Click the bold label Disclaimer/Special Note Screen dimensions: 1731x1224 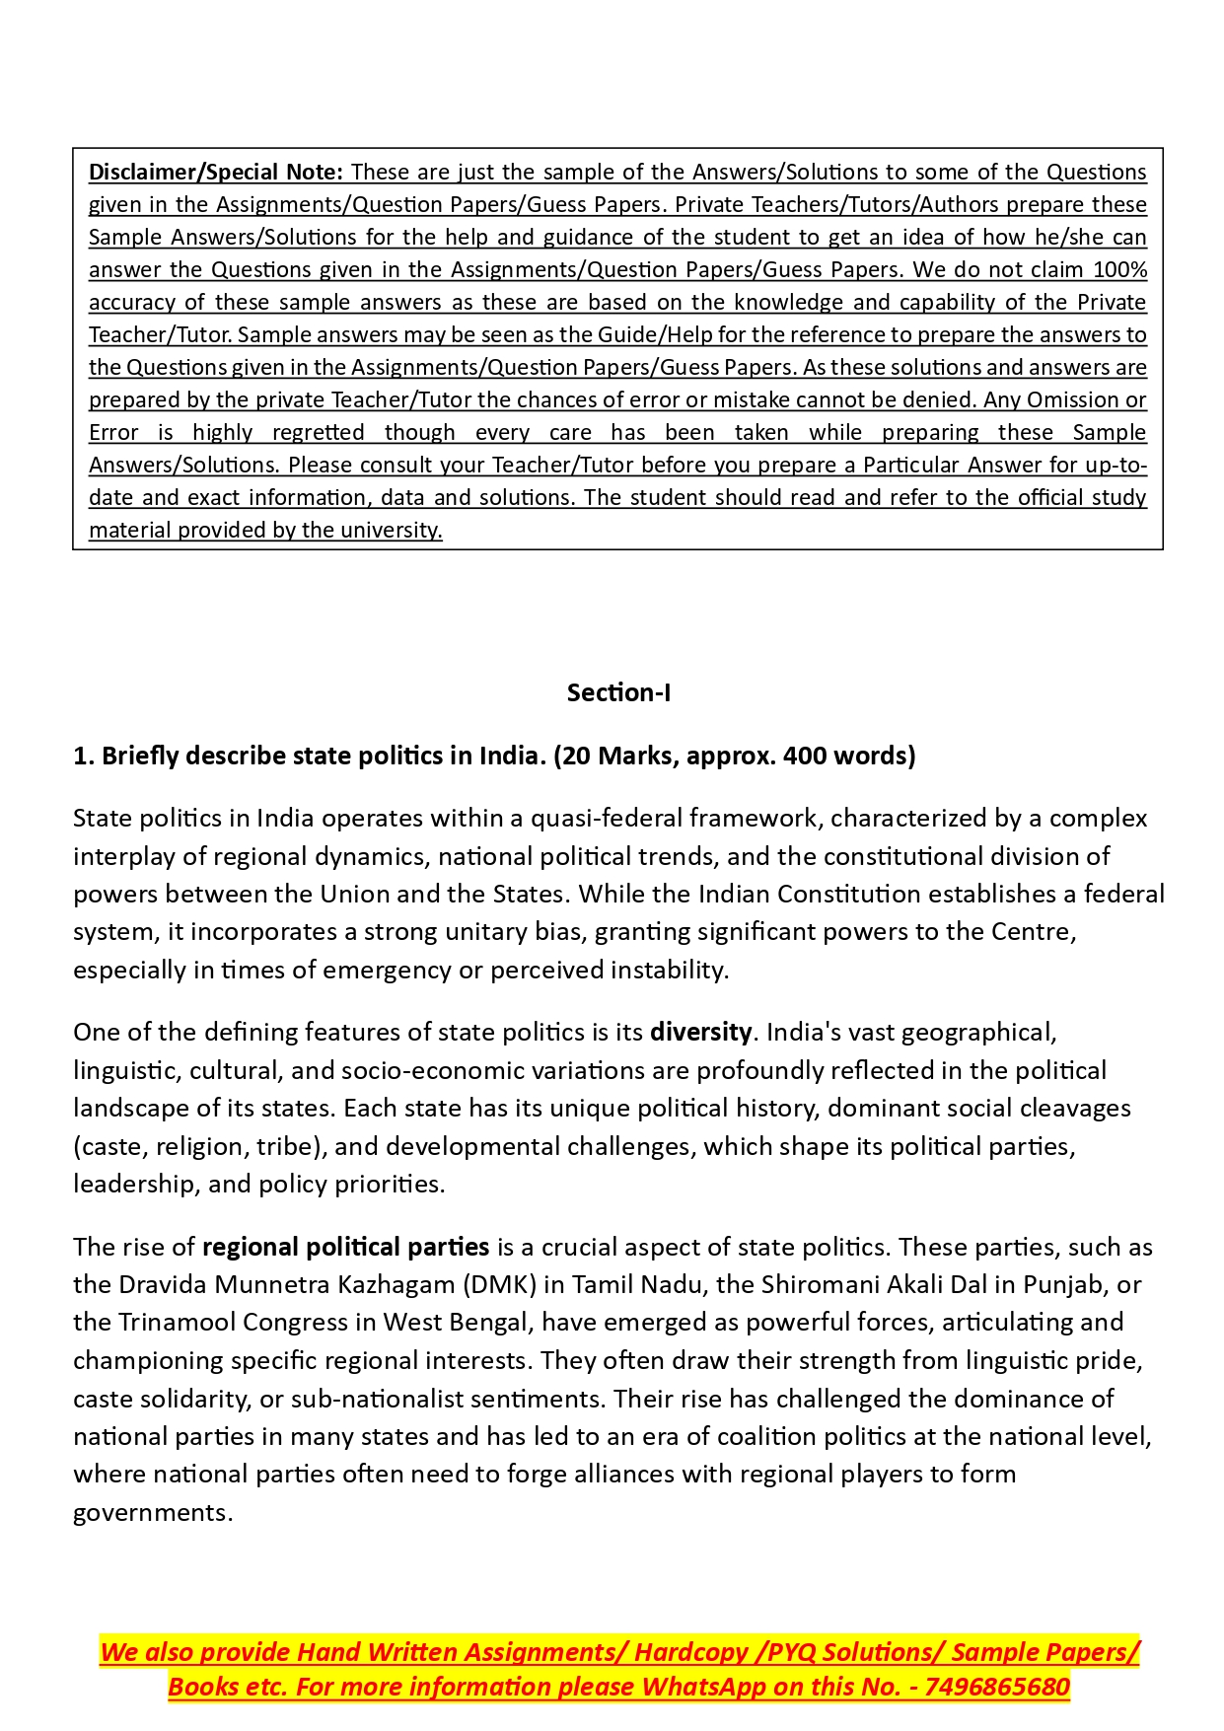tap(215, 172)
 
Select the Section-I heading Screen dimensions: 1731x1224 tap(618, 692)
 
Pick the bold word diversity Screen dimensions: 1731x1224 tap(700, 1032)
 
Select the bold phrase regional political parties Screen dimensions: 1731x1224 tap(345, 1247)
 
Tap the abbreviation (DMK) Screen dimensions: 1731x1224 tap(497, 1284)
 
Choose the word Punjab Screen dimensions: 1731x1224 tap(1065, 1284)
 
